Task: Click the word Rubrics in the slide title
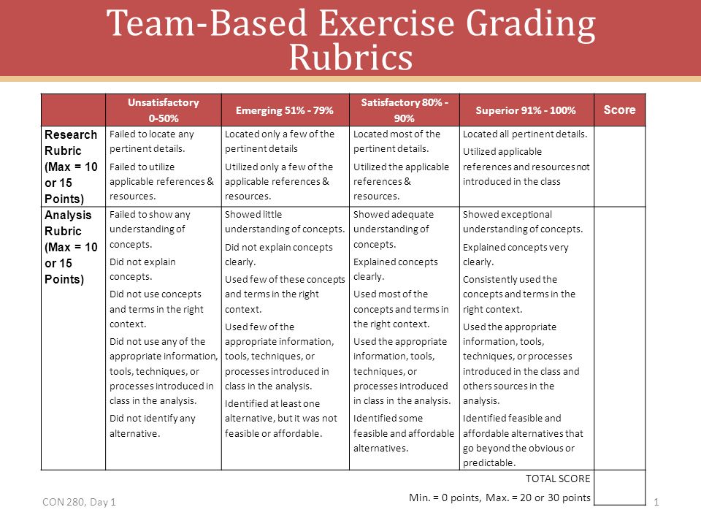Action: [x=350, y=58]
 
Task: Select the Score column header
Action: [x=619, y=110]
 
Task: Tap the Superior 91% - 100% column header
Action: [x=526, y=110]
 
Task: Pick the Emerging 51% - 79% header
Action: [x=284, y=110]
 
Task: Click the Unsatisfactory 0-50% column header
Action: [x=163, y=110]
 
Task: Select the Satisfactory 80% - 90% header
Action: [x=404, y=110]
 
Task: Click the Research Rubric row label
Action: [x=71, y=167]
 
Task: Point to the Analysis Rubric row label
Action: [x=71, y=247]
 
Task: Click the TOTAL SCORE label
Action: [x=558, y=479]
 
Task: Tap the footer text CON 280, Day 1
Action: [x=79, y=502]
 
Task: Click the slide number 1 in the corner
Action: [x=656, y=503]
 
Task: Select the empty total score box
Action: [x=620, y=487]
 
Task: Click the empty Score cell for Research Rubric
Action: [x=620, y=167]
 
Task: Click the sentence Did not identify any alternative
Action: [x=153, y=426]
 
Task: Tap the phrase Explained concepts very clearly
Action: [x=516, y=254]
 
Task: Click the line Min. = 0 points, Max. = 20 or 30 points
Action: [x=499, y=498]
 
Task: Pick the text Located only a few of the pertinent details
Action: [x=280, y=141]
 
